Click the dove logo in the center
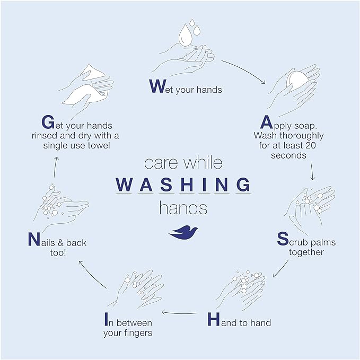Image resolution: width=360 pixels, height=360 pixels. coord(183,232)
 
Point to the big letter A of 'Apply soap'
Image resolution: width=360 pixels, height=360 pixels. coord(266,122)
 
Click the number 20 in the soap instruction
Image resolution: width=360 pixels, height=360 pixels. coord(311,145)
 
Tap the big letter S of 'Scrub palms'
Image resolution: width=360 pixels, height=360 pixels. coord(283,239)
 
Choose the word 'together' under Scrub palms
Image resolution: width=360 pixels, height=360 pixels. coord(306,252)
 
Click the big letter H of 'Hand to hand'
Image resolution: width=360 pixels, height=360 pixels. coord(214,319)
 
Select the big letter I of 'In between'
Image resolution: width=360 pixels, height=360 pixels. coord(106,319)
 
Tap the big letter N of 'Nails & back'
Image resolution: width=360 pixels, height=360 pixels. coord(34,239)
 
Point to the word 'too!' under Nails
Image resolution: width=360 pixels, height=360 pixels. coord(58,253)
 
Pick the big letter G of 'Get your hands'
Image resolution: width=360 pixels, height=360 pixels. coord(48,122)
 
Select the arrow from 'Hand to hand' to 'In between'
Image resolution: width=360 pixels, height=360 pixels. coord(180,313)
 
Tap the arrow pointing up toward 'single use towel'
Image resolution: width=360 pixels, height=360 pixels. coord(56,168)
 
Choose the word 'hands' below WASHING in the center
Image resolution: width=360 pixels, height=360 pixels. coord(183,208)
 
